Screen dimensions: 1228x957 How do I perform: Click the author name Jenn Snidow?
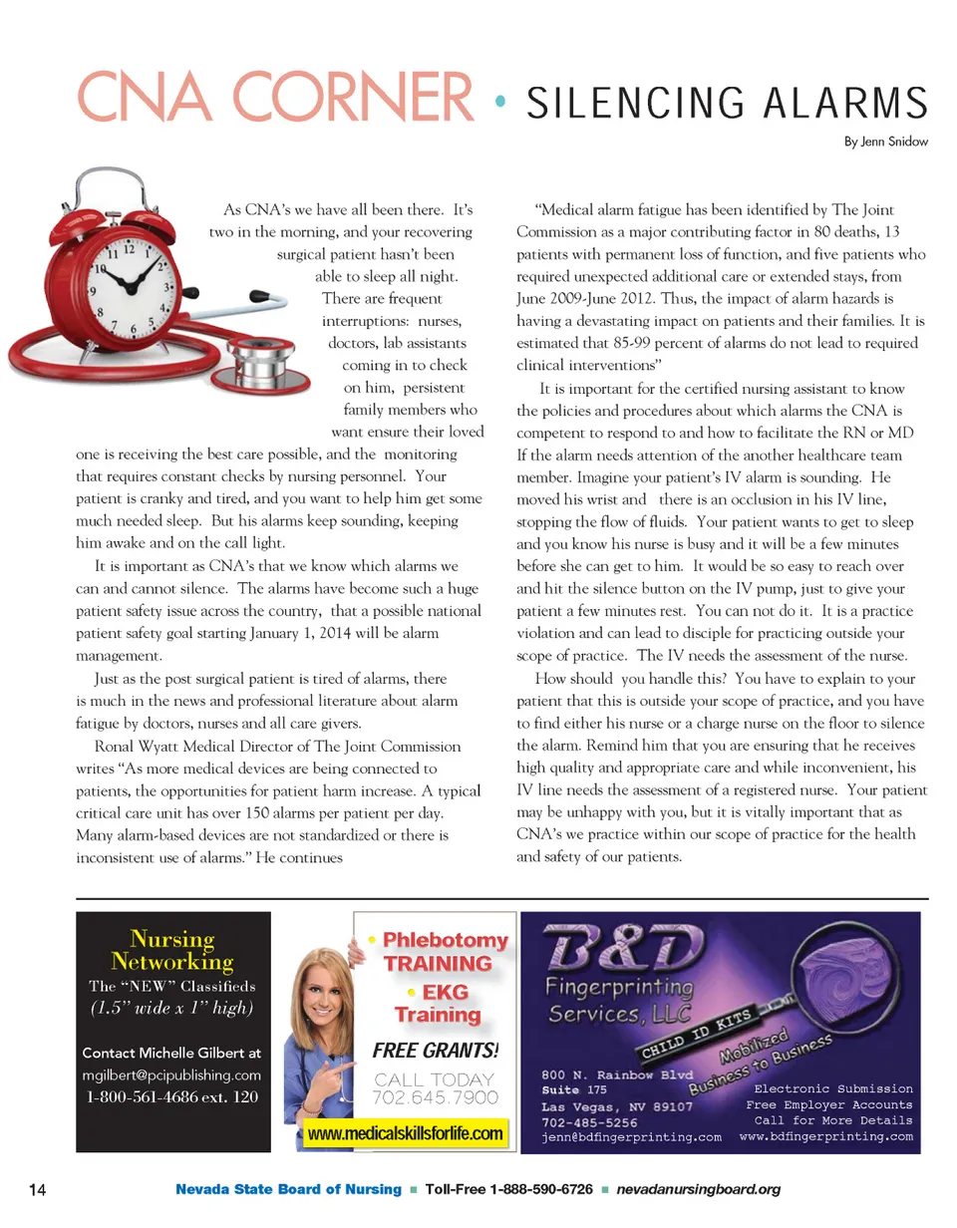click(x=885, y=142)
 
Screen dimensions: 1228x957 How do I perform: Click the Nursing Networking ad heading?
click(x=172, y=950)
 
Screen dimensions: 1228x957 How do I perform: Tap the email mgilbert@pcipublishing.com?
click(x=171, y=1074)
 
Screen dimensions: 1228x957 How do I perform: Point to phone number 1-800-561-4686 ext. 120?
click(x=171, y=1097)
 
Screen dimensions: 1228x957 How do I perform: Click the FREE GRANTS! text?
click(x=435, y=1051)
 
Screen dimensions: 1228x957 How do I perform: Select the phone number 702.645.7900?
click(x=435, y=1097)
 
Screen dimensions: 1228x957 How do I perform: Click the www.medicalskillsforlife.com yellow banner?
click(x=405, y=1133)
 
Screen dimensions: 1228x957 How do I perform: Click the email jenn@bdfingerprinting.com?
click(x=631, y=1137)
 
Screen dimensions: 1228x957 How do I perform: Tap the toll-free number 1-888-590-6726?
click(x=509, y=1189)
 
